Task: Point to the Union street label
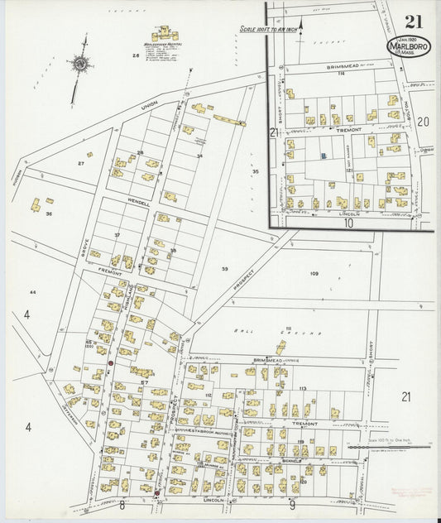(x=148, y=108)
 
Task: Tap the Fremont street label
(x=111, y=272)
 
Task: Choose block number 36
(x=50, y=214)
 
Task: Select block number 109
(x=314, y=273)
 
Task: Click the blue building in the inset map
(x=324, y=154)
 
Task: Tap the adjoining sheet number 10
(x=349, y=223)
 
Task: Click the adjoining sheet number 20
(x=424, y=122)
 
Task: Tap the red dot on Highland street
(x=110, y=362)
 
